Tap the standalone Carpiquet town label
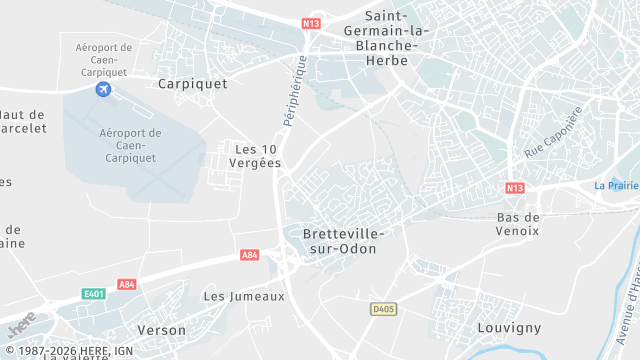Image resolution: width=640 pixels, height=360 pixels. [193, 84]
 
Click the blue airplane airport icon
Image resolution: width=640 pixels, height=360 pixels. [103, 90]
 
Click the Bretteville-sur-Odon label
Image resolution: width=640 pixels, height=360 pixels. [343, 240]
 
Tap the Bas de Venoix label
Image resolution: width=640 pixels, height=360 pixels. [518, 224]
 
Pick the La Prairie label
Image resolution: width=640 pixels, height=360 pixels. [615, 185]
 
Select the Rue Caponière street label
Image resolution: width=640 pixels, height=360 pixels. [553, 133]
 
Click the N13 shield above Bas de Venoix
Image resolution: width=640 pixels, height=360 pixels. [515, 188]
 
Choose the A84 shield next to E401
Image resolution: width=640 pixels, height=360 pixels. [127, 285]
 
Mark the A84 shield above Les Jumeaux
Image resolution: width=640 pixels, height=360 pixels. [250, 256]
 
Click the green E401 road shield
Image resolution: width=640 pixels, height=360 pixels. [94, 294]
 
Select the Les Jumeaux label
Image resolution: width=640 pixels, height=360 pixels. [244, 296]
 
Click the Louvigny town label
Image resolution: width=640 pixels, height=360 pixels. [509, 327]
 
